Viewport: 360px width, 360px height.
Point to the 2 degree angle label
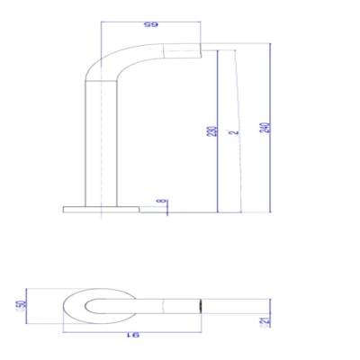[x=234, y=131]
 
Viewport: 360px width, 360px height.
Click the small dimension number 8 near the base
[x=161, y=202]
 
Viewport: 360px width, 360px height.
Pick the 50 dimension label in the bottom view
[x=20, y=306]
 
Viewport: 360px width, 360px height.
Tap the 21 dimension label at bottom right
[x=264, y=320]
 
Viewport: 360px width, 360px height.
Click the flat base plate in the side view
[x=101, y=210]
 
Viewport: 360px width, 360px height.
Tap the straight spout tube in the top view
[x=166, y=306]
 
